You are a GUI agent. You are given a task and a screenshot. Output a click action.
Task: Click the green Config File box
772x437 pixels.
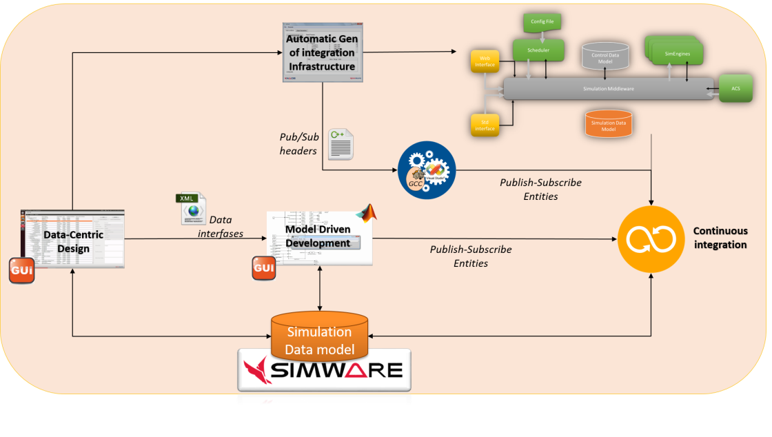(542, 22)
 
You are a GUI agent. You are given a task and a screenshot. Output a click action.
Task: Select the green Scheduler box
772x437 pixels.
(538, 50)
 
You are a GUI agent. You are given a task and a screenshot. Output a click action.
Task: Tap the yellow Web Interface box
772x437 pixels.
(485, 61)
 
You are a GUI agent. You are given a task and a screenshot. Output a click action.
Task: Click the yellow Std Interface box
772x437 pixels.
(485, 125)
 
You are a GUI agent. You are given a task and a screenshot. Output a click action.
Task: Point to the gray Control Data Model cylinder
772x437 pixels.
(605, 57)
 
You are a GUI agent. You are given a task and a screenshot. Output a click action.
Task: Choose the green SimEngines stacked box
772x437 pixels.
(674, 51)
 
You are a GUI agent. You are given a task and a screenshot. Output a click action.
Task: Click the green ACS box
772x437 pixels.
(735, 89)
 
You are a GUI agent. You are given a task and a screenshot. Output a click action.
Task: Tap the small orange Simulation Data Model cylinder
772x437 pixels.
(609, 123)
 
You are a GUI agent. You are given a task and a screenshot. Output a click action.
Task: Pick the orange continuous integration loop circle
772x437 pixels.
(651, 238)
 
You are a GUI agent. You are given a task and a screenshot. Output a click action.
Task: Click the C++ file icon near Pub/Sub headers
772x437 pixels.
(341, 144)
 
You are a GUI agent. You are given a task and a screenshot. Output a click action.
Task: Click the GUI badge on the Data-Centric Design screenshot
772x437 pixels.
(22, 271)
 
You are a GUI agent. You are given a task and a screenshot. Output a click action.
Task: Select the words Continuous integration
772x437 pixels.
(720, 238)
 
